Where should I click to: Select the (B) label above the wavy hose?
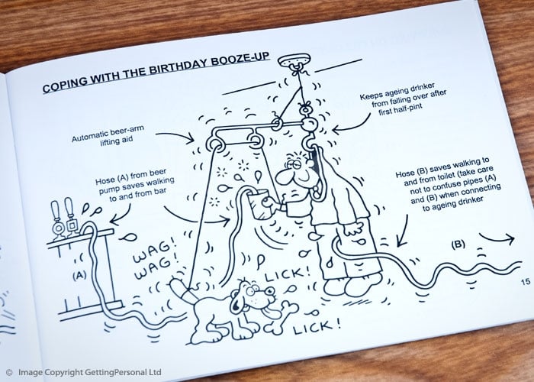[x=458, y=245]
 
